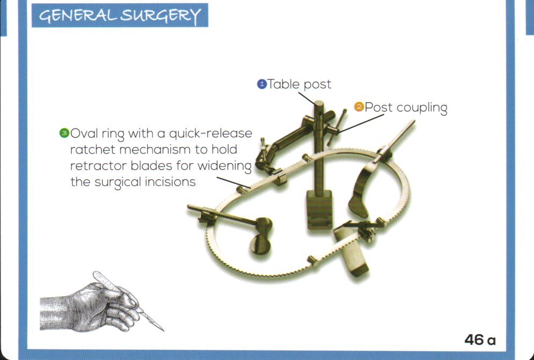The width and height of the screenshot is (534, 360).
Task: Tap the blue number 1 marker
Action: click(x=262, y=84)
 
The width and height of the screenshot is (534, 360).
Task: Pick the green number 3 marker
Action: click(x=64, y=133)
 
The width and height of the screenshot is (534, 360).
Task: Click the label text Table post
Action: click(x=299, y=84)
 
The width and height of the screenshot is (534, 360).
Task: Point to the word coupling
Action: click(x=422, y=108)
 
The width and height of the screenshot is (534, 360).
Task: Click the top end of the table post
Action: click(x=318, y=104)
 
